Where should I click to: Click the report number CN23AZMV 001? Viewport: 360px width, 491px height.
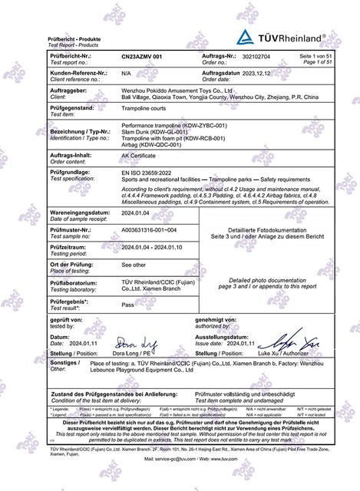tap(142, 57)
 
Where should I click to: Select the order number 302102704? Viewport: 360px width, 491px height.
tap(258, 57)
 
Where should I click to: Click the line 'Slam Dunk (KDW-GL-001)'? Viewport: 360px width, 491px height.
tap(154, 132)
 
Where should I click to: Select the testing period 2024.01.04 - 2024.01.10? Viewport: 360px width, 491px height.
tap(157, 248)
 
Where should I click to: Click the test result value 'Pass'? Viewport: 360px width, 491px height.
tap(129, 304)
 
